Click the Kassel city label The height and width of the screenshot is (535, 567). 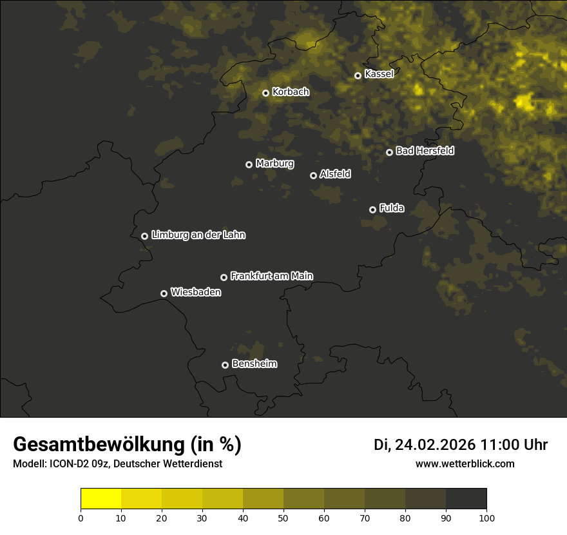379,74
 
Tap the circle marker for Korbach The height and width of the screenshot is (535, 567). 265,93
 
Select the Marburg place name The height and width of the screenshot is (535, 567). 274,164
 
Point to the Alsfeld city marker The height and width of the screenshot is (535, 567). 314,175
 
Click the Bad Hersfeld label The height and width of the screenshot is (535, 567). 425,151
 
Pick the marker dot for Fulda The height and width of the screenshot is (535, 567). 372,209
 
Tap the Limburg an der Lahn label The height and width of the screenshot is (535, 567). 198,235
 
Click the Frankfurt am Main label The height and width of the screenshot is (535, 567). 271,276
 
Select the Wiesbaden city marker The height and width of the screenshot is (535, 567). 164,293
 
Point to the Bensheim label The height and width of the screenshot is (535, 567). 254,364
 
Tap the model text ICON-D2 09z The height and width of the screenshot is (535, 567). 77,464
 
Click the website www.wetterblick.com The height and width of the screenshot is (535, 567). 465,464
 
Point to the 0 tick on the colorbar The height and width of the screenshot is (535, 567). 81,518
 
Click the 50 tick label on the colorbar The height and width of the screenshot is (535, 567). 283,518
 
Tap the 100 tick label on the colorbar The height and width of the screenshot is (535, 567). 486,518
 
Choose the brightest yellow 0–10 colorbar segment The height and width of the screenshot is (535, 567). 101,499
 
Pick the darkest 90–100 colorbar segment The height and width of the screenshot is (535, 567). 466,499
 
